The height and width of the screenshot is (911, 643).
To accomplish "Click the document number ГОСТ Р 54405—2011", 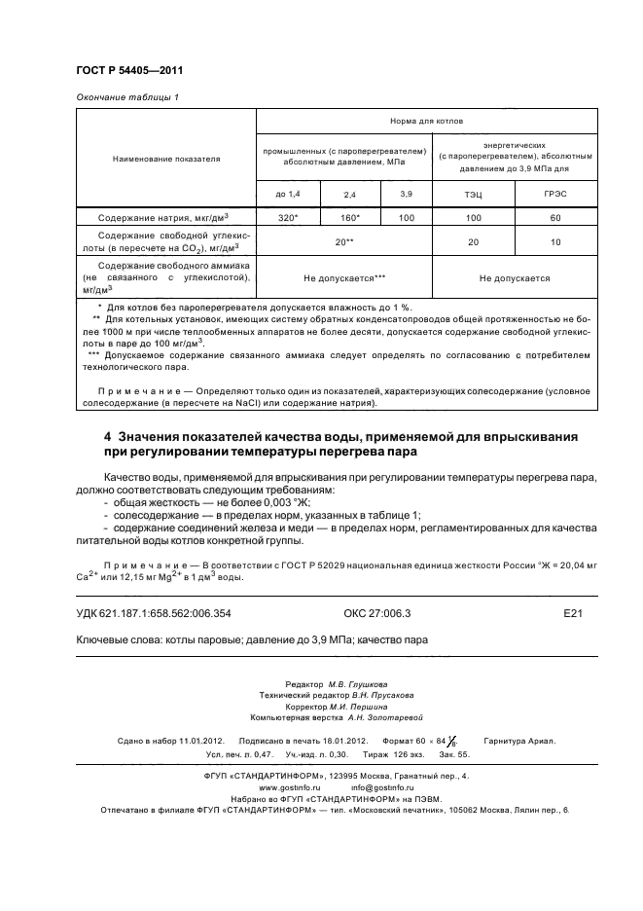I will tap(129, 71).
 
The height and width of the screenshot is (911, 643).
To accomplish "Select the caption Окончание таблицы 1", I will tap(127, 97).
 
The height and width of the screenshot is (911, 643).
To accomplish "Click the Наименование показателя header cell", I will tap(166, 159).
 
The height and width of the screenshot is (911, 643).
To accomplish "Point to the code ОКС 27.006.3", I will tap(377, 614).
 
